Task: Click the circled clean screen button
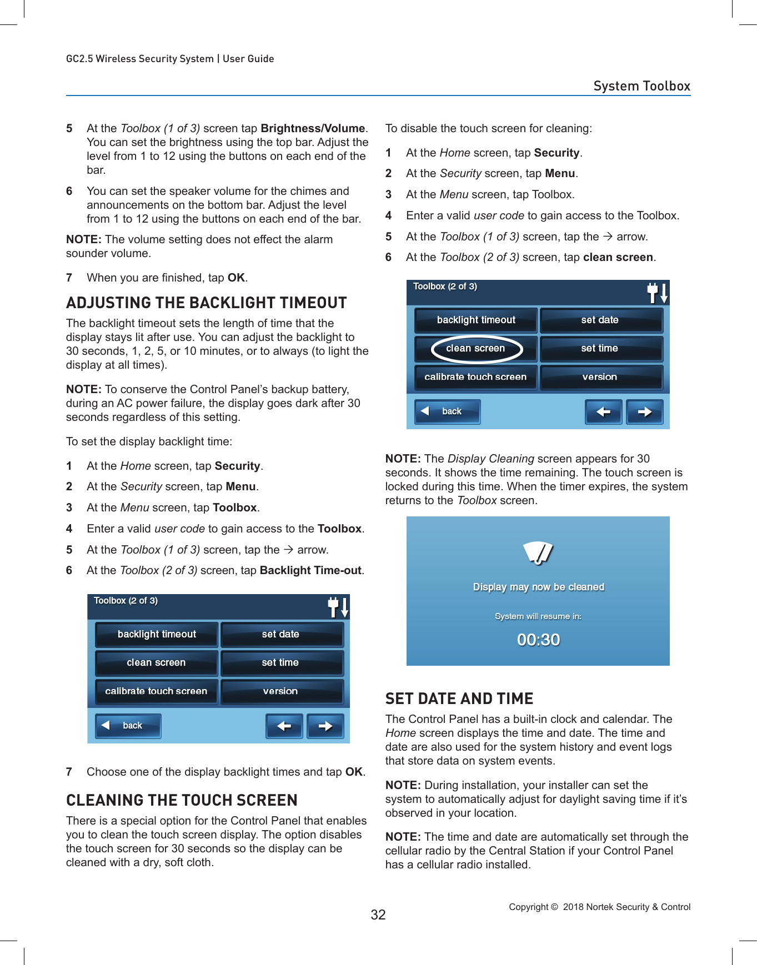476,349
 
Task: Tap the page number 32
378,915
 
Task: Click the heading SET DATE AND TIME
459,698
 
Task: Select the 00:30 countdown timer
538,640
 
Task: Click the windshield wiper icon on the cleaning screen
538,552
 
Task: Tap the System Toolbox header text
641,86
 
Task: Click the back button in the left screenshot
128,726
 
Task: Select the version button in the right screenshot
601,377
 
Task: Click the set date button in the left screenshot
282,634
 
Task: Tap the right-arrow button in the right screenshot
644,412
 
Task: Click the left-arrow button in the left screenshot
284,726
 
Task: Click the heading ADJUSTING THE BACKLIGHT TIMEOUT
206,303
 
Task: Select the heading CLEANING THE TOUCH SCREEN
182,800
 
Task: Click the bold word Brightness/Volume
313,128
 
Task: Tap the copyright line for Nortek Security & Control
599,907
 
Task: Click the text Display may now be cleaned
538,587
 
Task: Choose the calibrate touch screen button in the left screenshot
156,691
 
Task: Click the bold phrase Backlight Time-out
310,570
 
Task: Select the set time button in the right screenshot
601,349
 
